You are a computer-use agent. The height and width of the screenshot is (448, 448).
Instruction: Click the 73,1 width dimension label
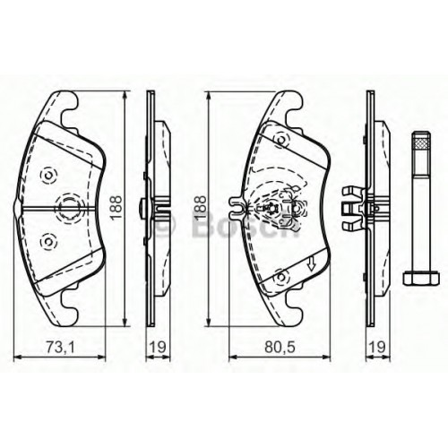(x=60, y=347)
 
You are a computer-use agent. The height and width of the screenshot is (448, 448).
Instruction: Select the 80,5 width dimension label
(x=280, y=347)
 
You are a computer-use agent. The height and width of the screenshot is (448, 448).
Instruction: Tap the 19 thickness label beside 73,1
(x=158, y=347)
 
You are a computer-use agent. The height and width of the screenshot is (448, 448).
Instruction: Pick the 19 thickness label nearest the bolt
(x=377, y=347)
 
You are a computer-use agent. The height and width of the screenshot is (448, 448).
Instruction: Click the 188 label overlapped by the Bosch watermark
(x=200, y=208)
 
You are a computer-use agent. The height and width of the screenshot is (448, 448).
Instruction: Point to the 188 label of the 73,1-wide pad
(x=116, y=208)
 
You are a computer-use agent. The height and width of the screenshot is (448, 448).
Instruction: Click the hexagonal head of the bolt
(x=421, y=278)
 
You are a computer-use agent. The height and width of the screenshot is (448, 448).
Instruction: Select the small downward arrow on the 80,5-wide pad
(x=312, y=264)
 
